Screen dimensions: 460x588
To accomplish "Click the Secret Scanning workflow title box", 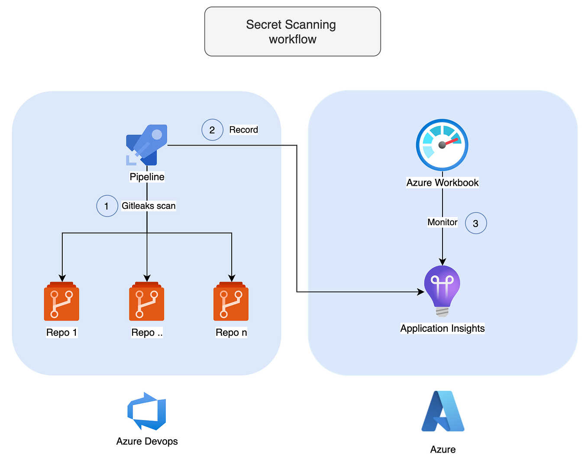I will (292, 32).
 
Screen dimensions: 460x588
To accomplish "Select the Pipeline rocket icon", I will (147, 145).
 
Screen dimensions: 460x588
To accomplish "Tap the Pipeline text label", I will (147, 177).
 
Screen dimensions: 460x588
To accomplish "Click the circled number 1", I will (107, 206).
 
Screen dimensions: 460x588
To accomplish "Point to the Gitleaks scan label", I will (149, 206).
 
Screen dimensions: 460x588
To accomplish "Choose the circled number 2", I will (212, 130).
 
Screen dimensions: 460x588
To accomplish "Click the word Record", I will (243, 130).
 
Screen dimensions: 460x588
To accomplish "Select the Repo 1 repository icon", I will (61, 302).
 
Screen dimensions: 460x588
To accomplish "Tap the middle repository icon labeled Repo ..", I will (147, 302).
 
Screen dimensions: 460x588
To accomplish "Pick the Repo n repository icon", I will (231, 302).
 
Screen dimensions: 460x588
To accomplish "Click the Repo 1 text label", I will (61, 332).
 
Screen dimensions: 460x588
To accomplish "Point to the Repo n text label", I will (231, 332).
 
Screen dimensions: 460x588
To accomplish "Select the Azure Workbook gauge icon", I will (442, 145).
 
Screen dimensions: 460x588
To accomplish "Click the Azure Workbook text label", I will (442, 182).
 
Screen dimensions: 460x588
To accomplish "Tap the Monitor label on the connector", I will (442, 222).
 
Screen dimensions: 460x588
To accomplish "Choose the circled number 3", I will (475, 223).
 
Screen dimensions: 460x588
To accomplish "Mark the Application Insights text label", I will (442, 328).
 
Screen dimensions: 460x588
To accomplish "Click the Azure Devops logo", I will (147, 411).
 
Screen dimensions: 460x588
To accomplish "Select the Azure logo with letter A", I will (443, 411).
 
